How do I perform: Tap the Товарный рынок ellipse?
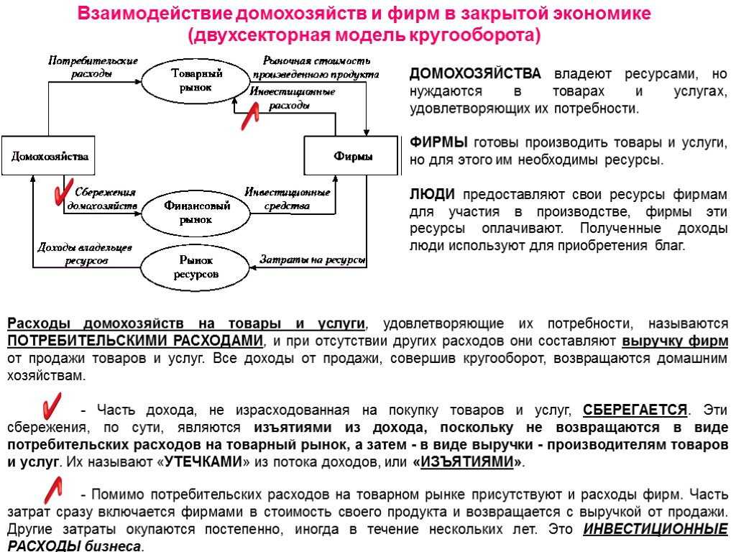(x=190, y=80)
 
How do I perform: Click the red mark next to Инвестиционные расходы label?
(x=251, y=114)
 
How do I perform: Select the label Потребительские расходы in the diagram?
(x=93, y=67)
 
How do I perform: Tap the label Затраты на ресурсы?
(x=311, y=259)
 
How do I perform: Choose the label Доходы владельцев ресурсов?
(x=84, y=254)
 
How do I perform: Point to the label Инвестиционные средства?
(x=287, y=199)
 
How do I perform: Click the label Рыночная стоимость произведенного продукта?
(x=316, y=67)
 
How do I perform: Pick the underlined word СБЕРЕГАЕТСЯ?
(x=635, y=410)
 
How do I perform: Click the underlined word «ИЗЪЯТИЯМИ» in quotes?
(x=469, y=461)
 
